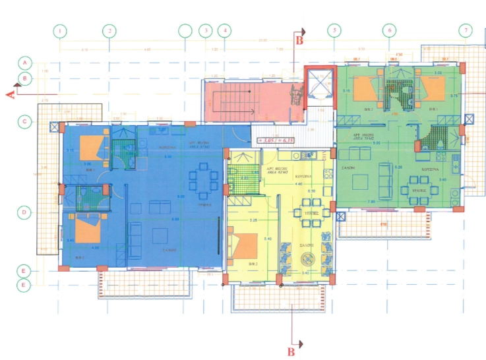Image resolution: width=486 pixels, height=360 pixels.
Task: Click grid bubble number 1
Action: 60,30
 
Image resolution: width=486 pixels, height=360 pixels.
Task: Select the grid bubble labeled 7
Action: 467,30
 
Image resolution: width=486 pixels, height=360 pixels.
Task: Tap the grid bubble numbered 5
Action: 335,30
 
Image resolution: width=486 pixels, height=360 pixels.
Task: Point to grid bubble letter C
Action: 24,121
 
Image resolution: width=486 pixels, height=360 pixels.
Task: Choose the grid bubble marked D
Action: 24,212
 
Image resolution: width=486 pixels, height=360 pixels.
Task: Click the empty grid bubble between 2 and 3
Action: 185,30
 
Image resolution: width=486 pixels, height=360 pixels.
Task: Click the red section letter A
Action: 10,95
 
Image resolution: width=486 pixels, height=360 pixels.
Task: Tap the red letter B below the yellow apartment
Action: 290,351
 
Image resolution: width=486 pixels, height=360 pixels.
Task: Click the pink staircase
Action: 247,100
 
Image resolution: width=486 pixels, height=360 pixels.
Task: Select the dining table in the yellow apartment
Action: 307,215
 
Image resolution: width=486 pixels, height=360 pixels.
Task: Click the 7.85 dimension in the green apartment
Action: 371,200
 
